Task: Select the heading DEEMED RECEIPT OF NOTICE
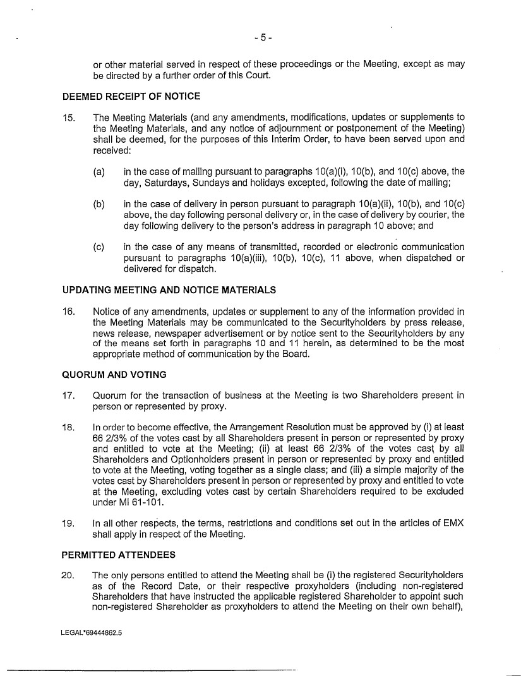point(131,97)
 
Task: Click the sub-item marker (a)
point(99,171)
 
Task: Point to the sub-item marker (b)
point(99,204)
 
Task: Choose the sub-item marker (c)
point(99,247)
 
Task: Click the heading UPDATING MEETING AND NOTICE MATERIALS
point(169,290)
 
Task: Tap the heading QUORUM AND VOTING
point(114,375)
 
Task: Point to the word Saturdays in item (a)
point(165,182)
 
